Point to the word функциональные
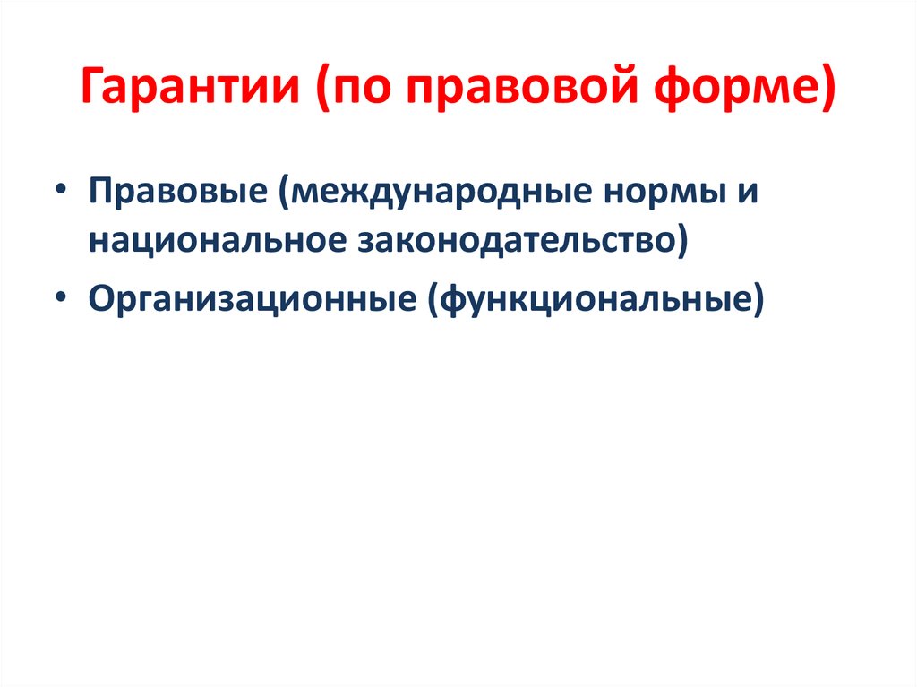tap(594, 298)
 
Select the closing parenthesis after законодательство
tap(680, 243)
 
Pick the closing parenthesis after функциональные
tap(758, 298)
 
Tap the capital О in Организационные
tap(100, 298)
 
